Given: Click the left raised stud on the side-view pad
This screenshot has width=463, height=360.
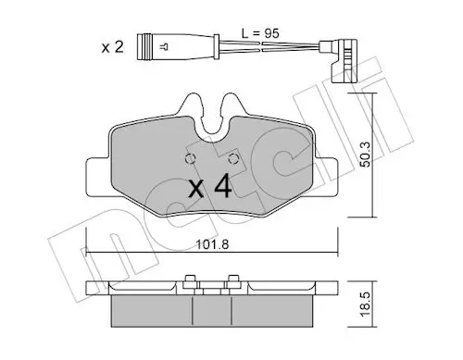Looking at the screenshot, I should (190, 280).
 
